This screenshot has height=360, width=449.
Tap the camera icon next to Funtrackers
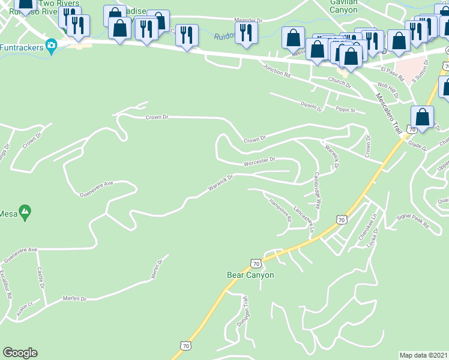point(52,45)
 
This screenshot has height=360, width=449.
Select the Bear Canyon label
point(250,275)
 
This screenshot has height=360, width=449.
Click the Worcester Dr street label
point(259,161)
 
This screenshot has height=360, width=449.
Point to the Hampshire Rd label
point(280,210)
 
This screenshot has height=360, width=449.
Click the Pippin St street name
point(345,110)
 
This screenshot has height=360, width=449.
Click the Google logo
point(20,353)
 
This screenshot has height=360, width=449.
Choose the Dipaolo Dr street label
point(311,106)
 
